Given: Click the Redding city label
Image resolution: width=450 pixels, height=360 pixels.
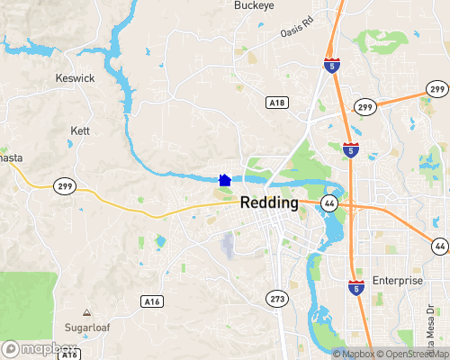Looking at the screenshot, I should click(x=270, y=203).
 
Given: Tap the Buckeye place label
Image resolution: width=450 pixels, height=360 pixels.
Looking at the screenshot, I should click(x=254, y=5).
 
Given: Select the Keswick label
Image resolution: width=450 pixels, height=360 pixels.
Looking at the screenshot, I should click(x=74, y=78).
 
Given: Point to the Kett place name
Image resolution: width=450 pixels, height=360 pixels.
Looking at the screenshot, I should click(x=79, y=131).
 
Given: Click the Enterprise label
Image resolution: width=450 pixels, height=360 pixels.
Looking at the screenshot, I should click(x=397, y=281).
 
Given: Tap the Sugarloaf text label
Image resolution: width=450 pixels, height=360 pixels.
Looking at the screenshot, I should click(x=87, y=327).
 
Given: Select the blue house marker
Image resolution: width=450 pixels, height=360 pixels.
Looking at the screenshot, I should click(x=225, y=180).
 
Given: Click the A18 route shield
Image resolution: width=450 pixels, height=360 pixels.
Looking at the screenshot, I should click(x=277, y=103).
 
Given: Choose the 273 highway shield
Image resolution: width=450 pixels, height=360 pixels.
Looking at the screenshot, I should click(x=277, y=298).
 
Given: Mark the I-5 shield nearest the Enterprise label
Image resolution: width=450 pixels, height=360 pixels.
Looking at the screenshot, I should click(x=355, y=287).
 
